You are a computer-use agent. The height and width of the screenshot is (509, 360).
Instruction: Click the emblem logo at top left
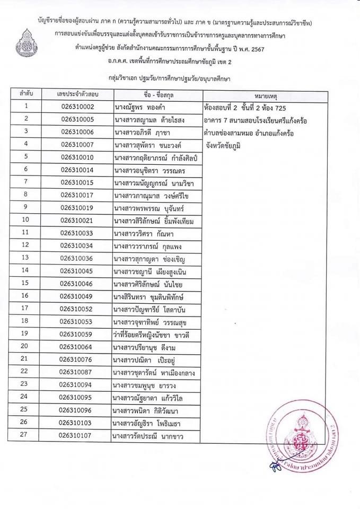tap(27, 43)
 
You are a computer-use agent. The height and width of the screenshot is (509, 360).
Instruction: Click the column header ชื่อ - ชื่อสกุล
tap(157, 94)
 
